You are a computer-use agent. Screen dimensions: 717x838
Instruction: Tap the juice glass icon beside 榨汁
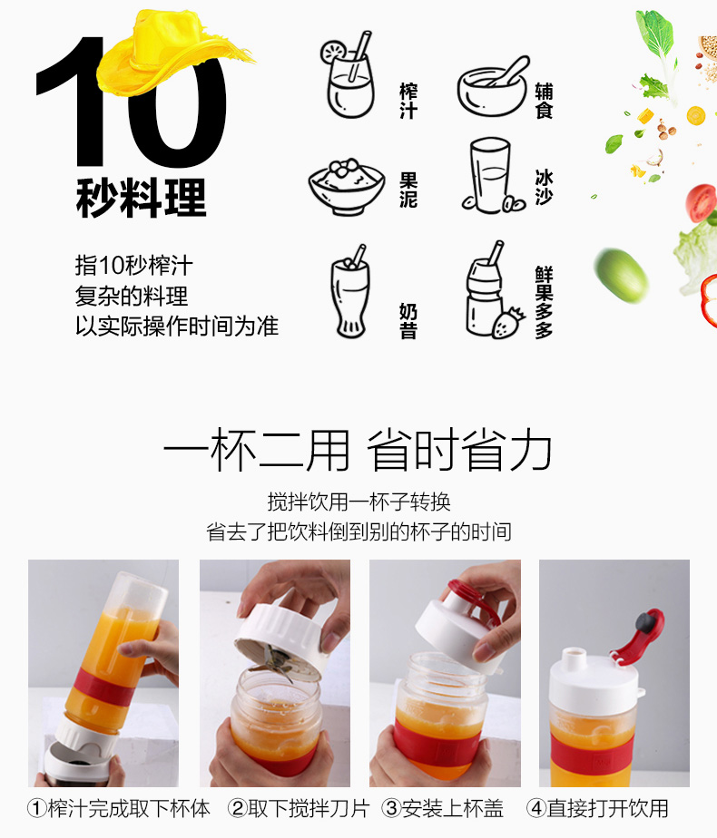[349, 74]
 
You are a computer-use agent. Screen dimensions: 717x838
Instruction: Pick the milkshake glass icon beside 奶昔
[350, 291]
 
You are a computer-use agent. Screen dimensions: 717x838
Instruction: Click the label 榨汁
[408, 101]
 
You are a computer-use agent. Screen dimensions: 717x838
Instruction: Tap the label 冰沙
[544, 187]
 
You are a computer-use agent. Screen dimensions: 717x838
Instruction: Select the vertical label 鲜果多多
[544, 302]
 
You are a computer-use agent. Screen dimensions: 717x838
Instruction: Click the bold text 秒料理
[142, 198]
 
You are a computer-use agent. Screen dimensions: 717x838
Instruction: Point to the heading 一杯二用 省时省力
[358, 450]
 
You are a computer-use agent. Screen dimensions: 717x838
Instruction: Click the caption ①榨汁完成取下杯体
[119, 809]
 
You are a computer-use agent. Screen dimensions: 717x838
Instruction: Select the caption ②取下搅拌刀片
[299, 809]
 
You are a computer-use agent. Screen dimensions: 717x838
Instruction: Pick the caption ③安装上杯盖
[443, 809]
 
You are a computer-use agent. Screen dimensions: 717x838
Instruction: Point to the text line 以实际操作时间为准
[176, 326]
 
